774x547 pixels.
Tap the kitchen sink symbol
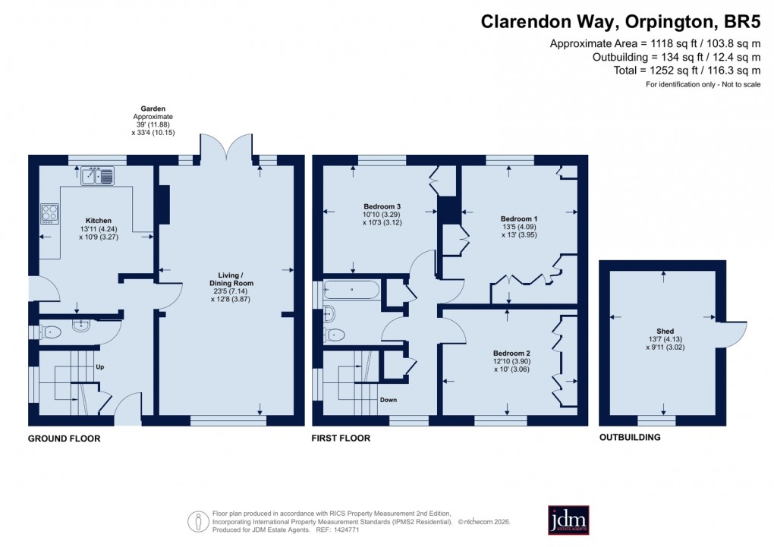98,176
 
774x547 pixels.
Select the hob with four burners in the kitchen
50,213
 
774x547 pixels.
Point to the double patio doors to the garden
226,146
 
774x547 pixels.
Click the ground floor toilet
49,332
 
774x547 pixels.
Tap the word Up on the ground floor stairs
99,367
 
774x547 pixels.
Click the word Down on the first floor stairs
388,400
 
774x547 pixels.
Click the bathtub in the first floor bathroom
351,290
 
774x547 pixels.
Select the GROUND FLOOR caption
64,439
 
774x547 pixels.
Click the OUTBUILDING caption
629,437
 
